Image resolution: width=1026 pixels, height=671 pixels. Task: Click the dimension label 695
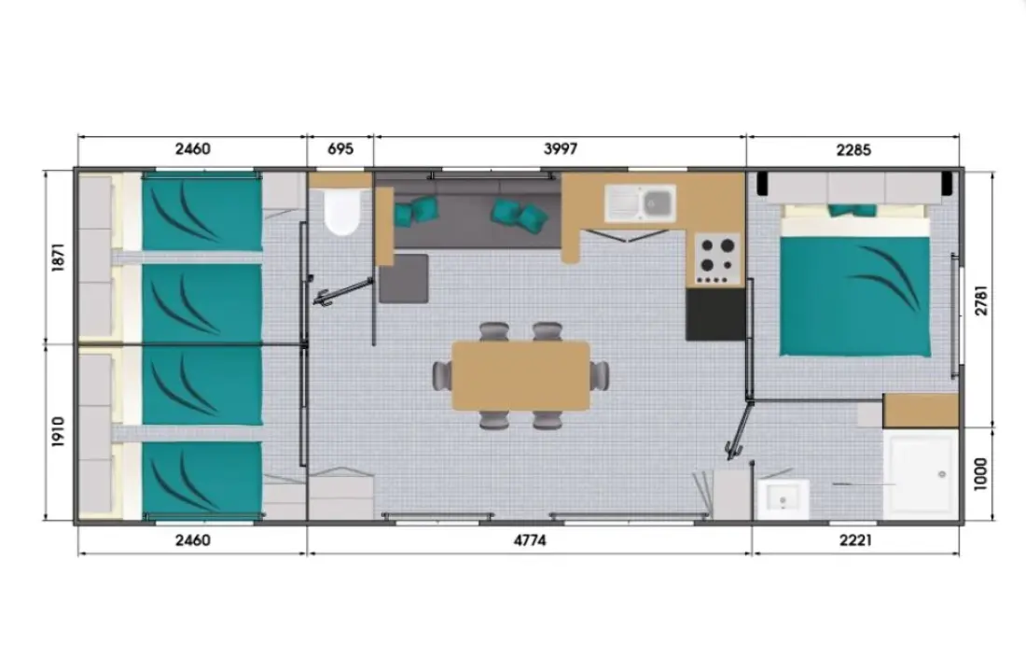pos(340,148)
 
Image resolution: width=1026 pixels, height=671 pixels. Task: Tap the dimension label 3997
pos(561,148)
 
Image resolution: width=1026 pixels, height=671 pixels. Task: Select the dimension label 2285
pos(853,150)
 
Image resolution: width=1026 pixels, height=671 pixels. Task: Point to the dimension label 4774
pos(530,540)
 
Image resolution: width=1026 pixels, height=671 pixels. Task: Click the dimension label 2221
pos(855,540)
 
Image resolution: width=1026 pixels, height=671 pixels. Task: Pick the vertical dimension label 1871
pos(58,258)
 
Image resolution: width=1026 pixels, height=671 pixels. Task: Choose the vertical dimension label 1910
pos(58,431)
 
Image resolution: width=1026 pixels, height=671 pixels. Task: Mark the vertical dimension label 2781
pos(981,301)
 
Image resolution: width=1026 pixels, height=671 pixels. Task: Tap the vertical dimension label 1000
pos(981,474)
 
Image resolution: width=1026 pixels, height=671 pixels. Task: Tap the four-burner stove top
pos(717,259)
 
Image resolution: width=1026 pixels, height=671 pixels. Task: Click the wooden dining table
pos(520,376)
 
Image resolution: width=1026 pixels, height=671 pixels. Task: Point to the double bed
pos(855,282)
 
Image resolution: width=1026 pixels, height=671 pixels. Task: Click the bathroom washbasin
pos(783,499)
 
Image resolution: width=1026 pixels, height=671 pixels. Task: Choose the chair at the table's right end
pos(600,376)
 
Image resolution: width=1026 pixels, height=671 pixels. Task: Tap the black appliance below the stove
pos(715,314)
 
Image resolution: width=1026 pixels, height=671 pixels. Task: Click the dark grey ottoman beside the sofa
pos(404,278)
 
